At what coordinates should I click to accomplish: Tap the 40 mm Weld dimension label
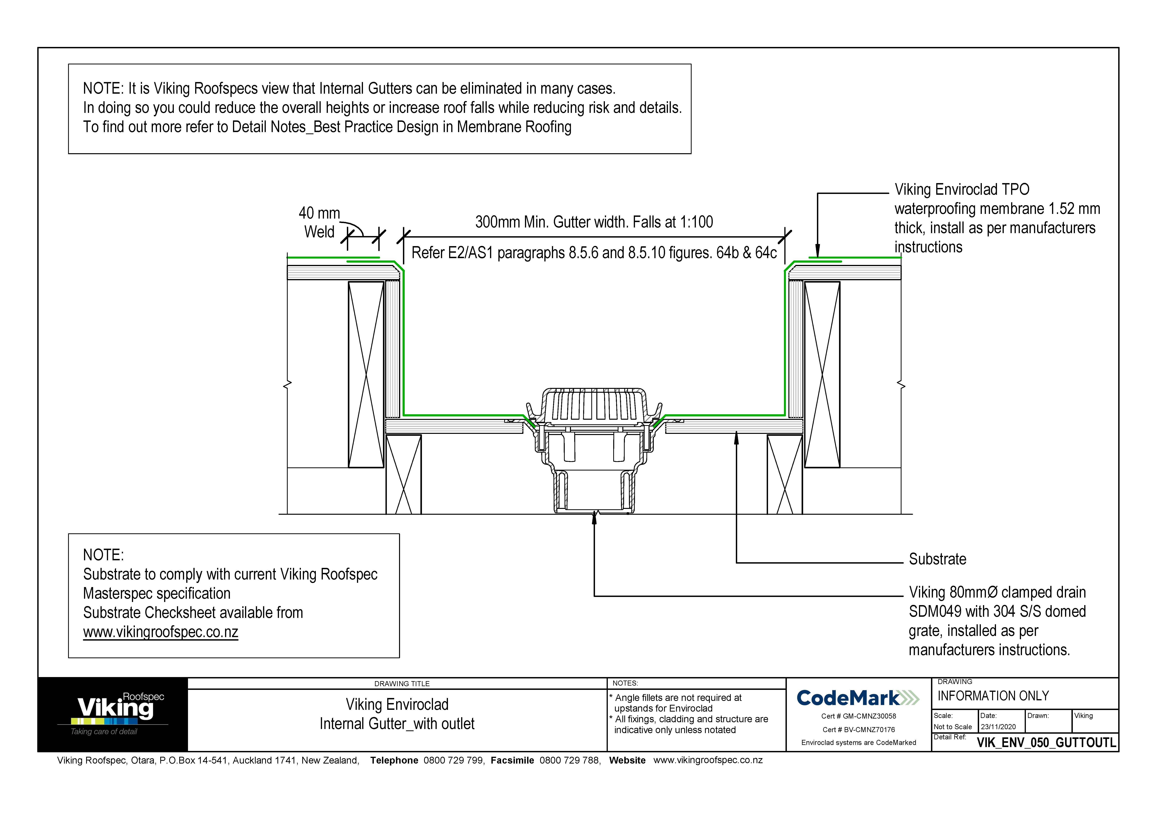pyautogui.click(x=320, y=222)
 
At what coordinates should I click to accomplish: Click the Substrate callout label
pyautogui.click(x=937, y=559)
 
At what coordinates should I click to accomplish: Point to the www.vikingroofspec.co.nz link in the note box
pyautogui.click(x=160, y=632)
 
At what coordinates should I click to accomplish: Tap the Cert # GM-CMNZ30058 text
pyautogui.click(x=858, y=716)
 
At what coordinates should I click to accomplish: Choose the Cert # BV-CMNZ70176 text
pyautogui.click(x=858, y=729)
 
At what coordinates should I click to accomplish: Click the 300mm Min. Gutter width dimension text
pyautogui.click(x=594, y=222)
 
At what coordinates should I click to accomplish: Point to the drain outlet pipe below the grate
pyautogui.click(x=594, y=491)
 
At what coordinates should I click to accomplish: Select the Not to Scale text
pyautogui.click(x=952, y=727)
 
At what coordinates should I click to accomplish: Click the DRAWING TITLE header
pyautogui.click(x=402, y=684)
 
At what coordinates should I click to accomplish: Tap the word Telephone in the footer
pyautogui.click(x=394, y=760)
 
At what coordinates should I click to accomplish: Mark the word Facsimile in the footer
pyautogui.click(x=512, y=760)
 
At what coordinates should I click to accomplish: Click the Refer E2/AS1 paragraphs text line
pyautogui.click(x=594, y=252)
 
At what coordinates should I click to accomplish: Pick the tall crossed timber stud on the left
pyautogui.click(x=366, y=374)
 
